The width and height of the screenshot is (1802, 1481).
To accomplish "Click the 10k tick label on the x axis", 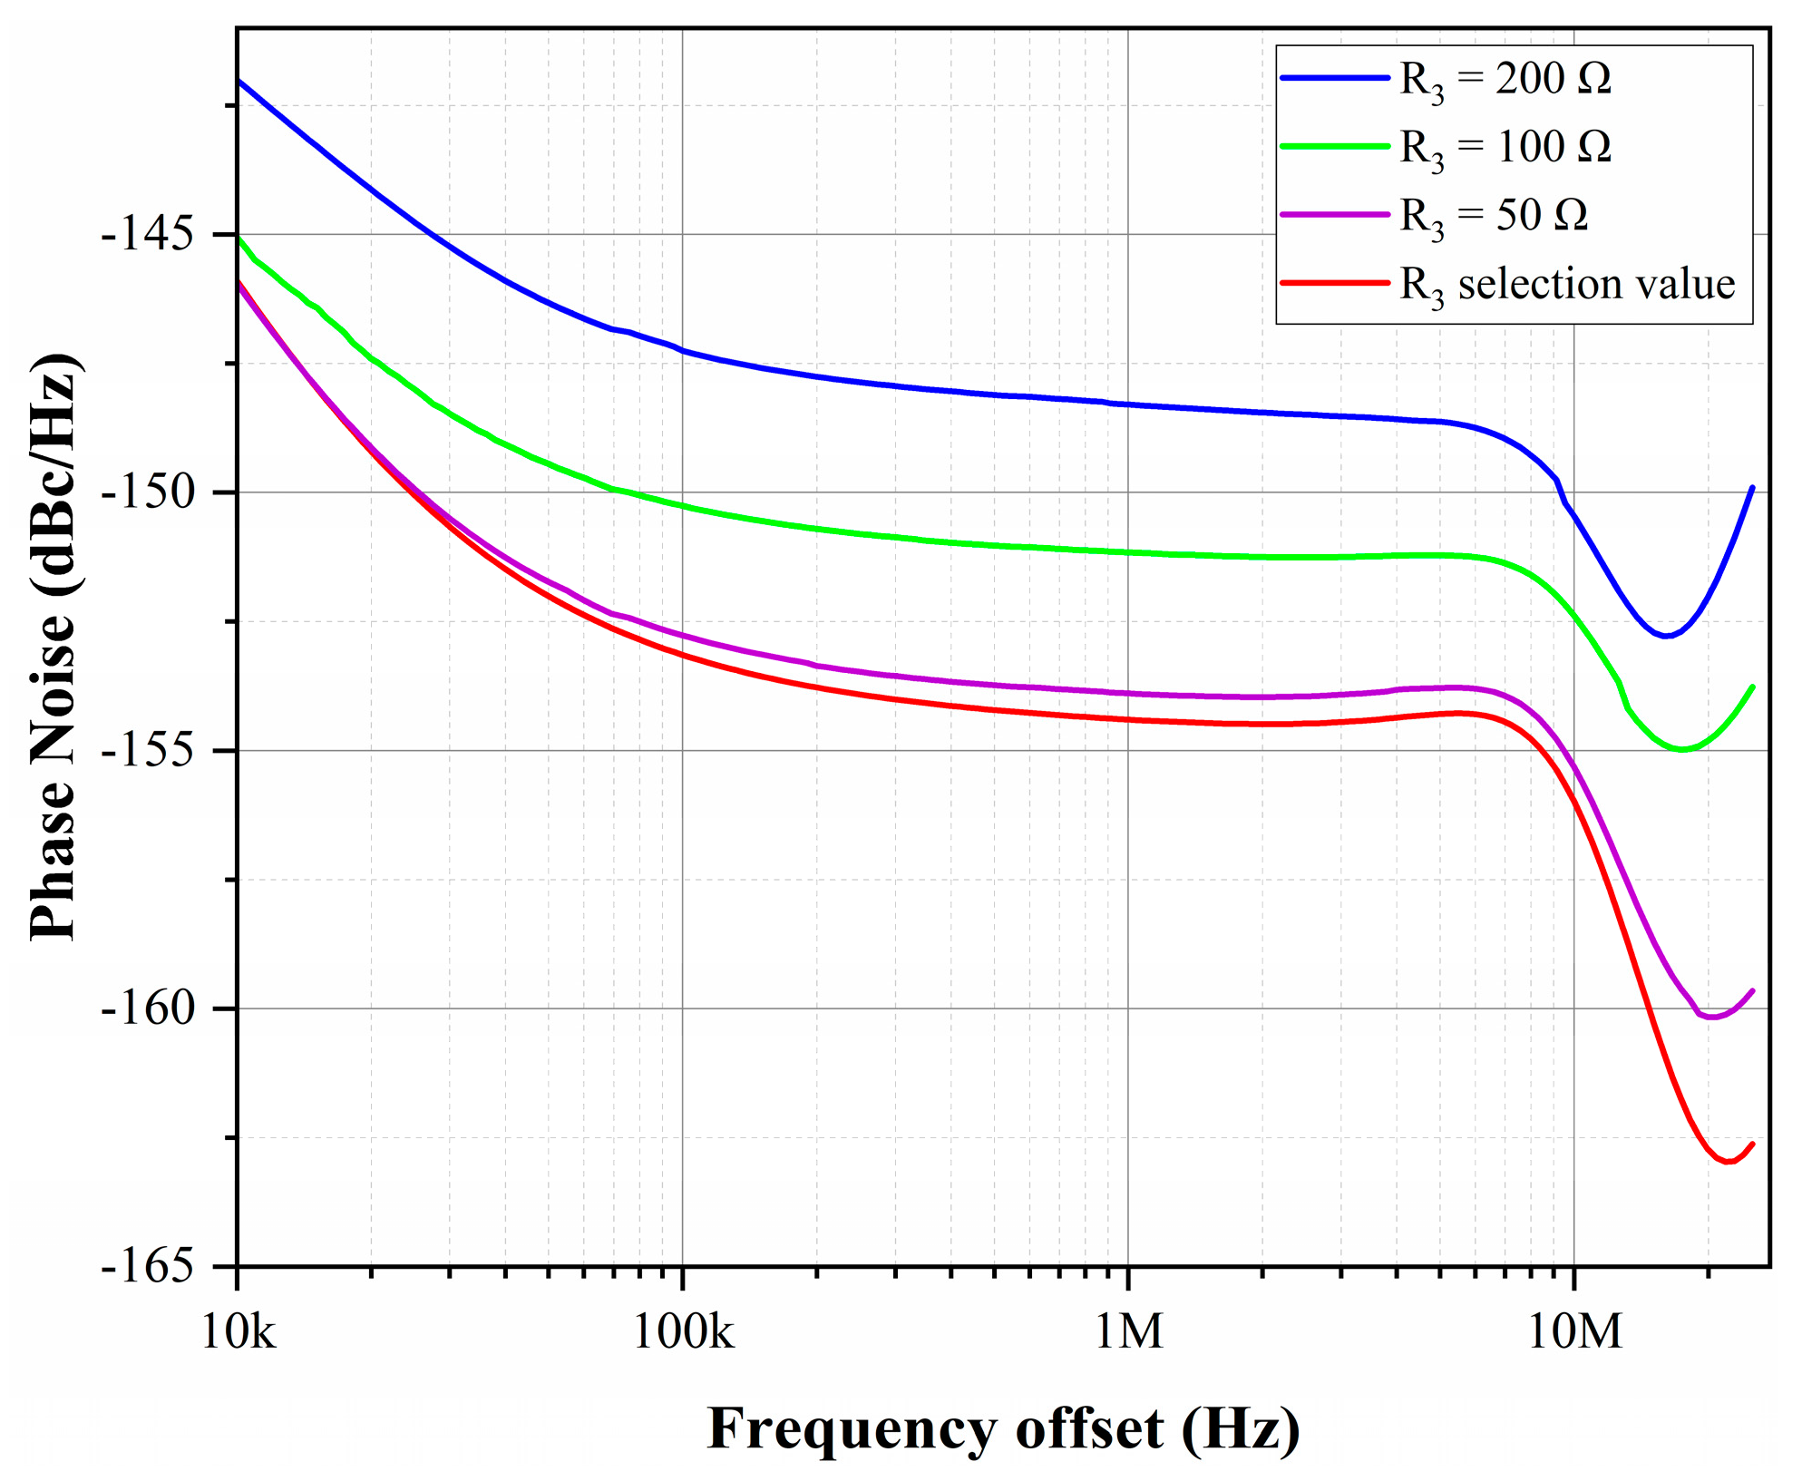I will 238,1331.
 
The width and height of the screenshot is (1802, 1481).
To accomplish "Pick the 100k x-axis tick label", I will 682,1331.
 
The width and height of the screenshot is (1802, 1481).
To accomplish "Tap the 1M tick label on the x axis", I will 1128,1331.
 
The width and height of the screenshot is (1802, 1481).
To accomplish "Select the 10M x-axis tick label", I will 1574,1331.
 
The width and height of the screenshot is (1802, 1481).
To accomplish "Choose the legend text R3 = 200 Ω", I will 1505,80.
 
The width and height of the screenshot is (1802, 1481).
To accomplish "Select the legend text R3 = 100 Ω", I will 1505,148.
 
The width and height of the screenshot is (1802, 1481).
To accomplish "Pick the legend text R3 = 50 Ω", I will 1494,216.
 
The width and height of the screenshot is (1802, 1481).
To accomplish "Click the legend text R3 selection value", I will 1567,285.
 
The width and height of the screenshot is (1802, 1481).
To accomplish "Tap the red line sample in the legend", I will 1334,283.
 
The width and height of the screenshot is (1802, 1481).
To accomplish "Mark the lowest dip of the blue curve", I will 1665,636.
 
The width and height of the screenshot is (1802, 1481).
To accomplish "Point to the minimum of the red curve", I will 1729,1162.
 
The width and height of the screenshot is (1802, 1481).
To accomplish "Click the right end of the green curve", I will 1752,687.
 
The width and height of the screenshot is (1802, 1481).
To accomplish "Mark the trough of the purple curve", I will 1711,1018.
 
